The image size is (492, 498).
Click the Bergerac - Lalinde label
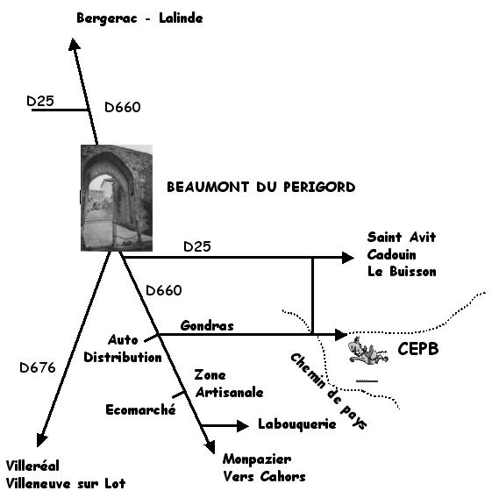[x=139, y=18]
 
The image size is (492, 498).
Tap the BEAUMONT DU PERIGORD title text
[x=260, y=187]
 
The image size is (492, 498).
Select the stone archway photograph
[x=117, y=198]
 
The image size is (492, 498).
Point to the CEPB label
[x=418, y=349]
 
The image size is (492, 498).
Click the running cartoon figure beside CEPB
[x=368, y=351]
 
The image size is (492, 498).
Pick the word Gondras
[x=207, y=326]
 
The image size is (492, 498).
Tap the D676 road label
[x=38, y=367]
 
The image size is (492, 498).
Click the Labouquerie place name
[x=297, y=424]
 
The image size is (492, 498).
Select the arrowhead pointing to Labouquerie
[x=243, y=425]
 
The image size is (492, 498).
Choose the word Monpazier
[x=257, y=459]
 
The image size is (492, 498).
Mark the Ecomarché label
[x=140, y=409]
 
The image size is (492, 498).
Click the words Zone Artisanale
[x=229, y=384]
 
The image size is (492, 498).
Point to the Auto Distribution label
[x=123, y=349]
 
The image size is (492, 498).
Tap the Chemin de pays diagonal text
[x=329, y=391]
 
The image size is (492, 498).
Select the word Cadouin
[x=392, y=255]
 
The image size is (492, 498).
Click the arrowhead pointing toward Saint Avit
[x=348, y=258]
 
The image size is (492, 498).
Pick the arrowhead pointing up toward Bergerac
[x=74, y=44]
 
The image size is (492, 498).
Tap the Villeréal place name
[x=32, y=466]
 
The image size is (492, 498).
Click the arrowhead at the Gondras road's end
[x=341, y=334]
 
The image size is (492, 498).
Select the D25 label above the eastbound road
[x=197, y=246]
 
